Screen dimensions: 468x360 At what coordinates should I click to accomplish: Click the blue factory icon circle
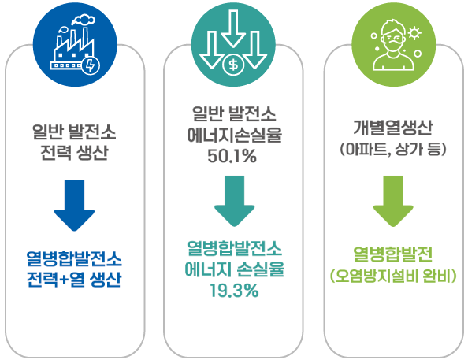coord(75,45)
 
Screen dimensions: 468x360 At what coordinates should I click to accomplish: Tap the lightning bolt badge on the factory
coord(91,65)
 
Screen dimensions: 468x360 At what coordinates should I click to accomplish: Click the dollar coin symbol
coord(233,65)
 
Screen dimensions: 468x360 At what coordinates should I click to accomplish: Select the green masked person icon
coord(393,45)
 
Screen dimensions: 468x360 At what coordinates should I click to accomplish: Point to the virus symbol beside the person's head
coord(414,33)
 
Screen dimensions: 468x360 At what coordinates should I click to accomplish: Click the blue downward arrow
coord(74,206)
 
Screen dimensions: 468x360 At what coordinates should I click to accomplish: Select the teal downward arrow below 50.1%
coord(234,201)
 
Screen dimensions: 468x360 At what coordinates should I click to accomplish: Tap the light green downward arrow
coord(393,201)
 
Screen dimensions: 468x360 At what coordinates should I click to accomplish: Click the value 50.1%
coord(232,156)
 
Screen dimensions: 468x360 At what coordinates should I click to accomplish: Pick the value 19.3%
coord(234,291)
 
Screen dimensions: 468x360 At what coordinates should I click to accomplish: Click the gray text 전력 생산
coord(74,153)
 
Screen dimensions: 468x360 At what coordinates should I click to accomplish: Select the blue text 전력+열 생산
coord(74,279)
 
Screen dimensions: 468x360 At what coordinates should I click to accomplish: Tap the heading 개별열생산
coord(393,128)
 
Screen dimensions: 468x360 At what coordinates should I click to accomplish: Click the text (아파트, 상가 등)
coord(393,149)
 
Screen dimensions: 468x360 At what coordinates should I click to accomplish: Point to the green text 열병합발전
coord(393,254)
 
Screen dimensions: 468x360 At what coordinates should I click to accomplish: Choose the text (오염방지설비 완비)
coord(393,276)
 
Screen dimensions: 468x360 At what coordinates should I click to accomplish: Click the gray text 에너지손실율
coord(234,135)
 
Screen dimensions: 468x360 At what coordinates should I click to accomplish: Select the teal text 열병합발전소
coord(234,248)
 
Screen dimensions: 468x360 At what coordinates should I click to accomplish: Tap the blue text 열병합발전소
coord(74,258)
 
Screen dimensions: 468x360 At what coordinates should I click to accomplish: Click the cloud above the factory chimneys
coord(84,19)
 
